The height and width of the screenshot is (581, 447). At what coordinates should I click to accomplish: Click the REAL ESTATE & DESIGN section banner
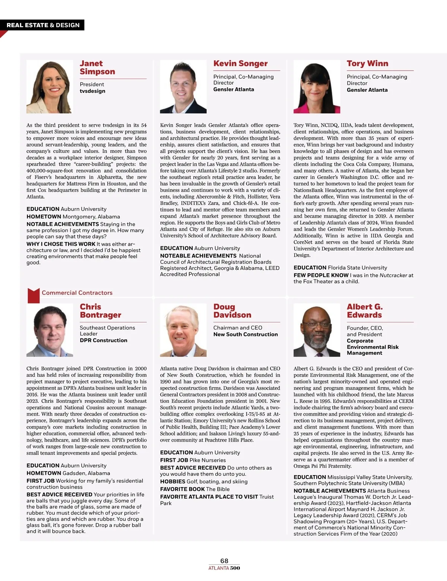pos(43,25)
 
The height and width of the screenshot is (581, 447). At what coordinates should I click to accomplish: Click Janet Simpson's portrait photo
pos(49,86)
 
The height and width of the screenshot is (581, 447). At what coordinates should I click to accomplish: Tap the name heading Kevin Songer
pos(240,63)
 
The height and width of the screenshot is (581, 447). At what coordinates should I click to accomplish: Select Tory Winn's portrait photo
pos(317,86)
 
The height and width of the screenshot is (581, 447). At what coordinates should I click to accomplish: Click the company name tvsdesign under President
pos(92,91)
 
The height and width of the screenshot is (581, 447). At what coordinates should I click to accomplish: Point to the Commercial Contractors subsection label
pos(77,293)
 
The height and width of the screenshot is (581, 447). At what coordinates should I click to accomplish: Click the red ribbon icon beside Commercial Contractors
pos(34,295)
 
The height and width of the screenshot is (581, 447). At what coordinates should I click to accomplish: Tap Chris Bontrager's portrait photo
pos(50,330)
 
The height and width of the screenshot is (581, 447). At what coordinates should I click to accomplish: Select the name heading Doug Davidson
pos(232,311)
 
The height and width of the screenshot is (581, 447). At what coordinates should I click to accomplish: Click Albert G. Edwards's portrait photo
pos(317,330)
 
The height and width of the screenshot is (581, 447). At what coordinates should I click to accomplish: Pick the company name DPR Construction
pos(104,340)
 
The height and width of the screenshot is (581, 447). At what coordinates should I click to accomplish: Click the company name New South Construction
pos(245,334)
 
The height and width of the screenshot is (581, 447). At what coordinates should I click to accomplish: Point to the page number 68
pos(224,561)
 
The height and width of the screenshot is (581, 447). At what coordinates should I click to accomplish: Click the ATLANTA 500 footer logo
pos(224,568)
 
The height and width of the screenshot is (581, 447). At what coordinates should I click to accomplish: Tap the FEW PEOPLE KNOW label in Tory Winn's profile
pos(321,275)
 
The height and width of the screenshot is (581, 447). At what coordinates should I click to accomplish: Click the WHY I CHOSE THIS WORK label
pos(61,244)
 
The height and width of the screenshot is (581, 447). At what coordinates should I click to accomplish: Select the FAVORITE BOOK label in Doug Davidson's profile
pos(183,489)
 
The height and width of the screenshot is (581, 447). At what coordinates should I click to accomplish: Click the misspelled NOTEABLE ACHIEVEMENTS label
pos(198,256)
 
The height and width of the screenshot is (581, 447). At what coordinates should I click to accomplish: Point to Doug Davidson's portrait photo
pos(183,330)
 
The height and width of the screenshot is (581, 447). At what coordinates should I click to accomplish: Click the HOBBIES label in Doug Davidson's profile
pos(172,481)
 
